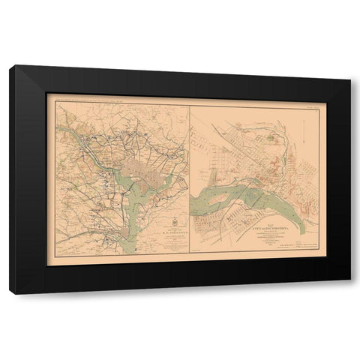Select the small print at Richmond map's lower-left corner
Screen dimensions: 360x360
(198, 250)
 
